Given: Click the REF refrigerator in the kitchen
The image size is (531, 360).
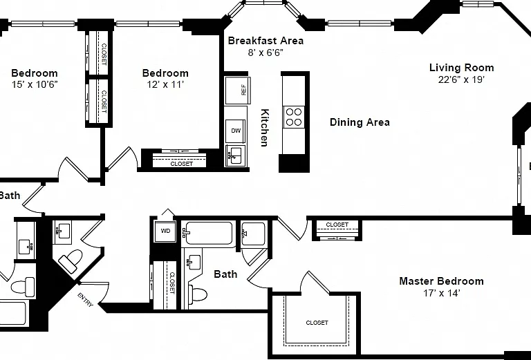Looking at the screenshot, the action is [238, 91].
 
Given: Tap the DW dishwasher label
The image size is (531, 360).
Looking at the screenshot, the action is [236, 131].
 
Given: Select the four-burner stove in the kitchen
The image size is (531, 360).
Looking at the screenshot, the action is [294, 117].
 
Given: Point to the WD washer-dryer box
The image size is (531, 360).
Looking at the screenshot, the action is [165, 231].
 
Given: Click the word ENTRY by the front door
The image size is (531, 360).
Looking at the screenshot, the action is [85, 300].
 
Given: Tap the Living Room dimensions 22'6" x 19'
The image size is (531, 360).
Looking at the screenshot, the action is [461, 80].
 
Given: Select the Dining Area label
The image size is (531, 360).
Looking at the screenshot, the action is [360, 122].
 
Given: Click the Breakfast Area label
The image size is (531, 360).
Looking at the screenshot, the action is [265, 41].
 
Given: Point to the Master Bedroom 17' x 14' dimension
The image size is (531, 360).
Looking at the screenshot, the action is [441, 293].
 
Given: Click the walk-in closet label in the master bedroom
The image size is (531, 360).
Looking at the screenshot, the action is [317, 323].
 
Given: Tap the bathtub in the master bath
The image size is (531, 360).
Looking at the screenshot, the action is [207, 233].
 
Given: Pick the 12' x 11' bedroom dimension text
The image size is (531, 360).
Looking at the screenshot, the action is [165, 84].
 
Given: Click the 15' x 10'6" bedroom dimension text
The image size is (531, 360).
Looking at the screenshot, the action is [35, 84].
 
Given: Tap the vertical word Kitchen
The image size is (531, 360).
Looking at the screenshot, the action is [264, 128].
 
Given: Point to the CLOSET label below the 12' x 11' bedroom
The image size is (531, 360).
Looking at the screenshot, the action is [182, 164].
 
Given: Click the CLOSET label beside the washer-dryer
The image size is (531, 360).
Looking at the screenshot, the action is [172, 283].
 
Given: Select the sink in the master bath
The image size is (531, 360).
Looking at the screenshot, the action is [193, 262].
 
